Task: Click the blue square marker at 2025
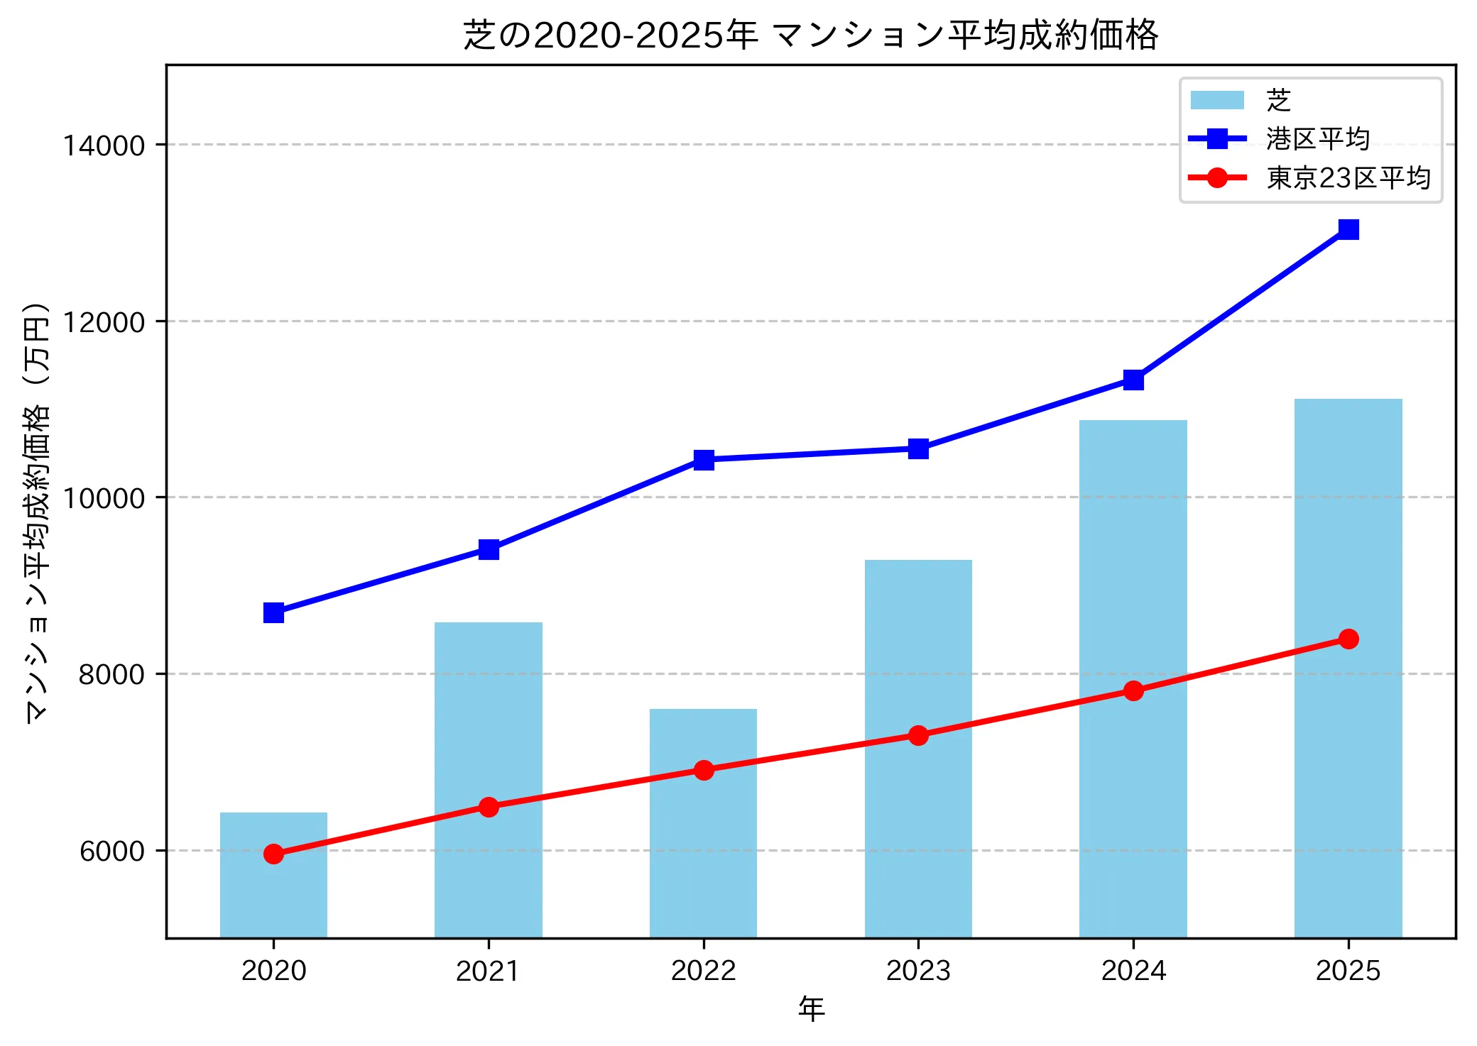pyautogui.click(x=1348, y=229)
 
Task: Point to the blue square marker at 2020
pyautogui.click(x=273, y=612)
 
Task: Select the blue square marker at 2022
pyautogui.click(x=704, y=460)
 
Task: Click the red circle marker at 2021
pyautogui.click(x=489, y=807)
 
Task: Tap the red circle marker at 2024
pyautogui.click(x=1133, y=690)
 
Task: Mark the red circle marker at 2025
pyautogui.click(x=1348, y=639)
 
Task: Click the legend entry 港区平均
pyautogui.click(x=1317, y=139)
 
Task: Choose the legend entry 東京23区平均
pyautogui.click(x=1348, y=178)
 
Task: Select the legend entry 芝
pyautogui.click(x=1278, y=101)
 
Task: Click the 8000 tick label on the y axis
pyautogui.click(x=111, y=674)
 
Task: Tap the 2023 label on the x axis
pyautogui.click(x=918, y=971)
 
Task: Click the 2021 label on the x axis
pyautogui.click(x=489, y=971)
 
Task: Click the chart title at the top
pyautogui.click(x=811, y=35)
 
